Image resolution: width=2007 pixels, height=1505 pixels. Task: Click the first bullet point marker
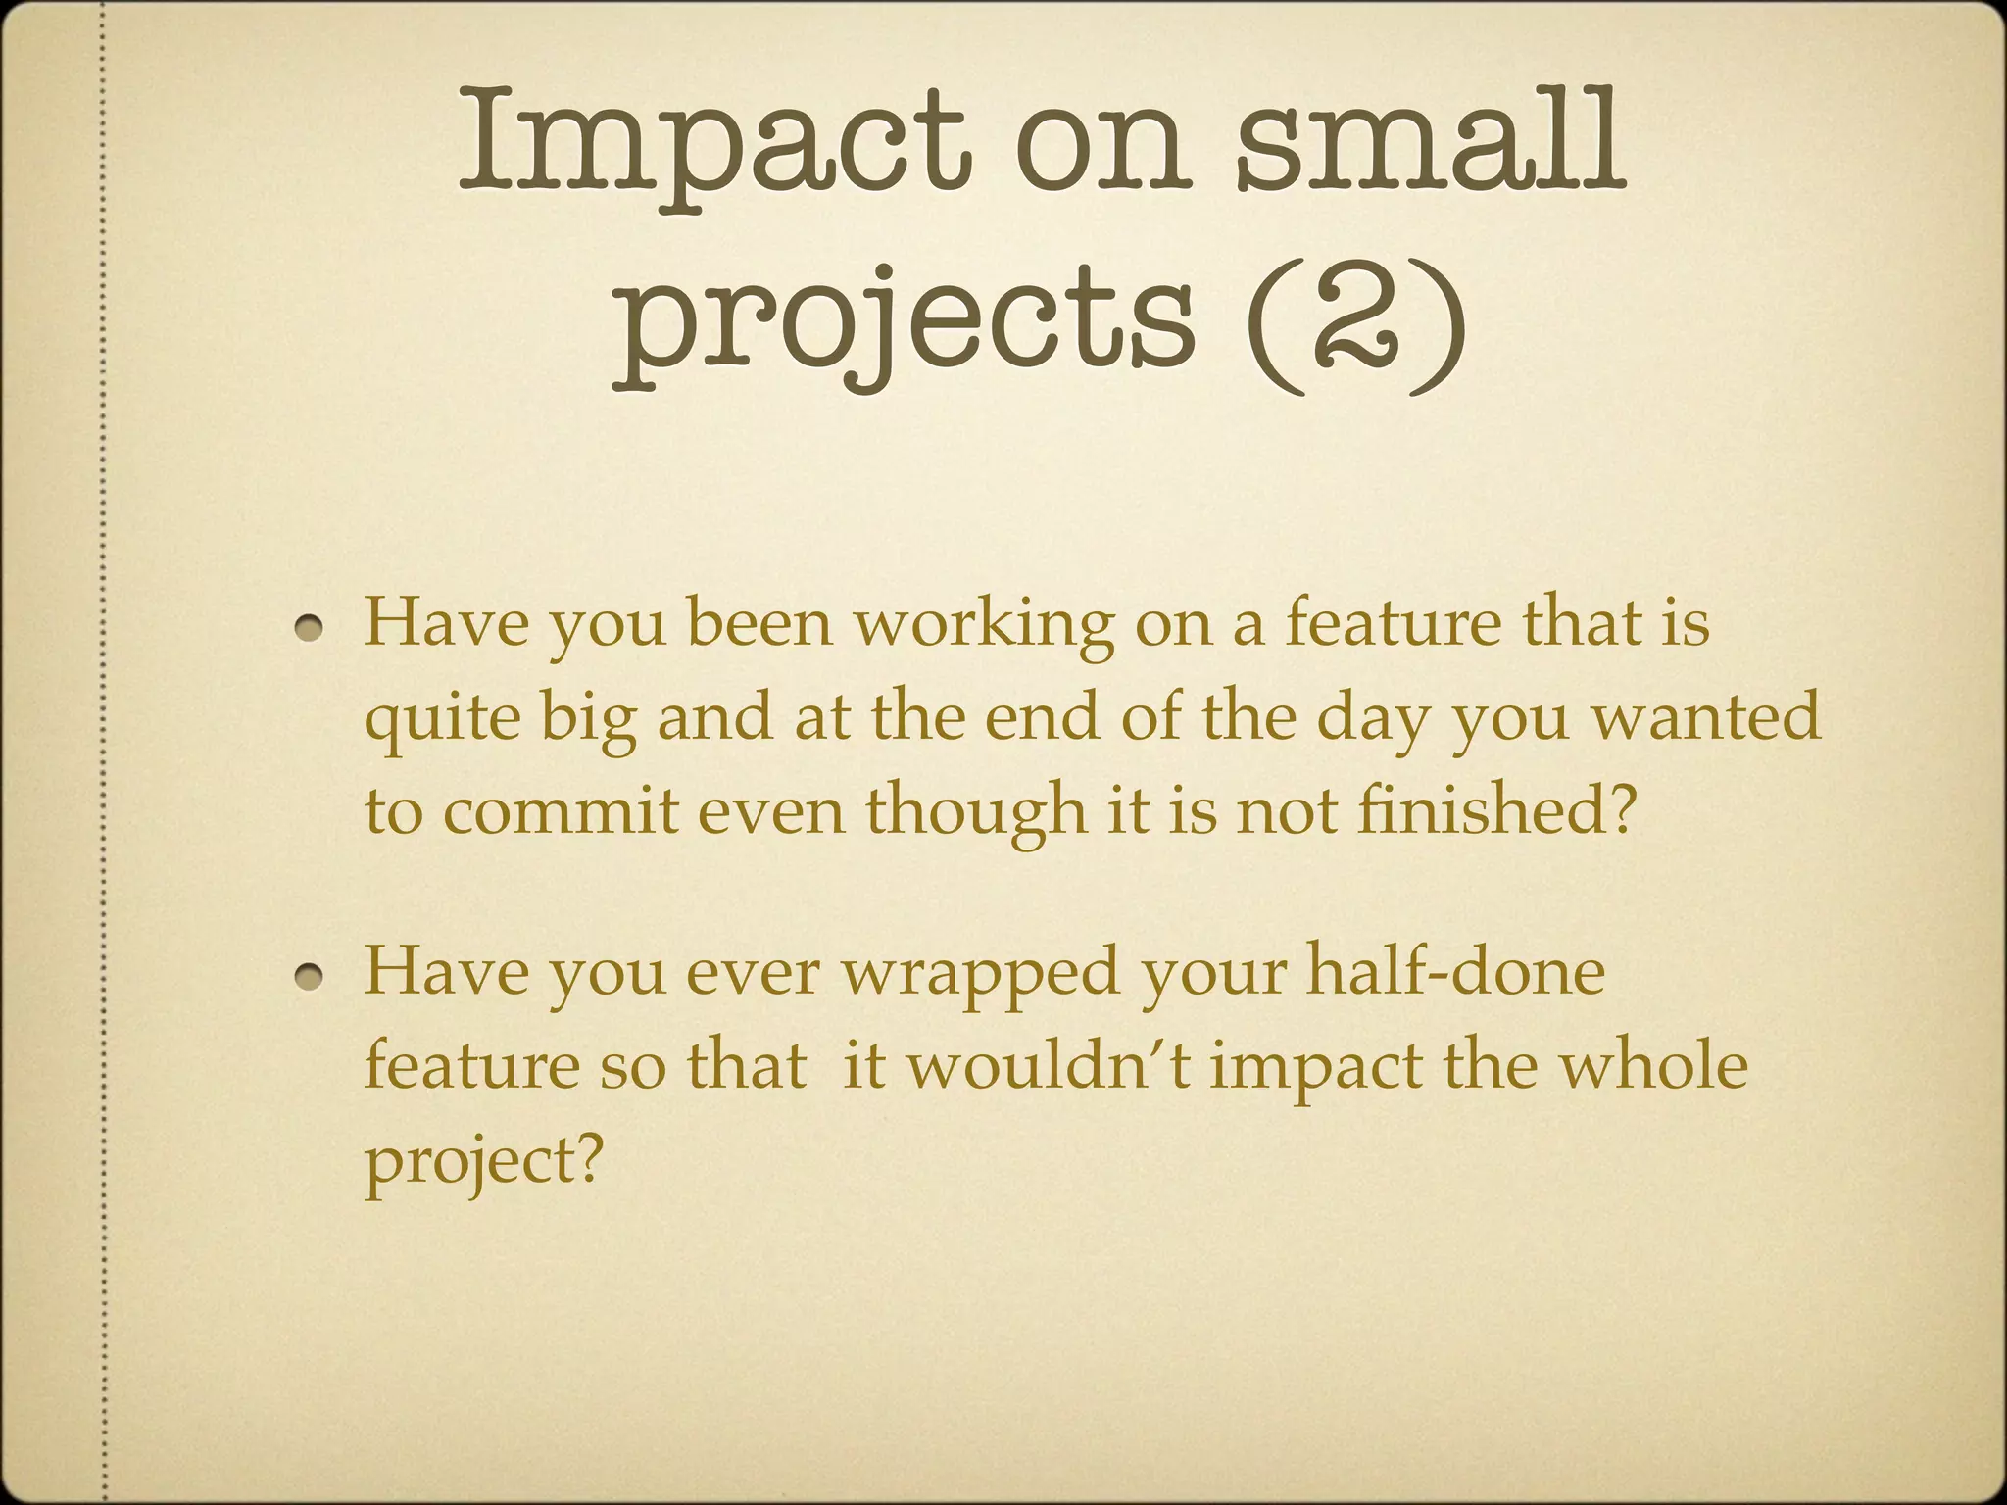(x=312, y=628)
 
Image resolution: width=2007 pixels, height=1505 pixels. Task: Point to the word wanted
(x=1705, y=718)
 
